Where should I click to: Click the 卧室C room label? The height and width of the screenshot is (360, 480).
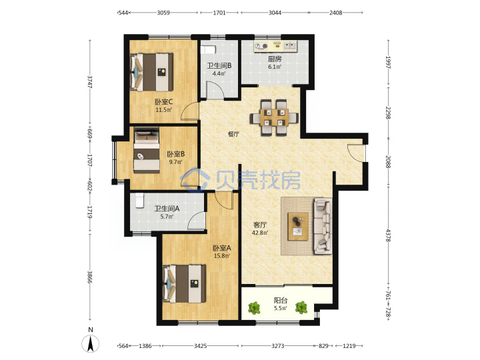click(x=163, y=101)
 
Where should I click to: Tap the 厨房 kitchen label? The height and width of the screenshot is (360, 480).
click(x=275, y=59)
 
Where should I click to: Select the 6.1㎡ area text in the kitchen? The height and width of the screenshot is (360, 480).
click(x=275, y=67)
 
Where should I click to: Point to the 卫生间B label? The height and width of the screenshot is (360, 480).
click(x=219, y=65)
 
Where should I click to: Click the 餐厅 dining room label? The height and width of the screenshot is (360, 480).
click(x=233, y=134)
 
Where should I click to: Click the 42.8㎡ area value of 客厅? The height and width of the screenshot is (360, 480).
click(x=259, y=233)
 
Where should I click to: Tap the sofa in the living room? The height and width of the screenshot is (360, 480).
click(x=323, y=226)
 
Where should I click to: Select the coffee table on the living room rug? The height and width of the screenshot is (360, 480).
click(x=298, y=227)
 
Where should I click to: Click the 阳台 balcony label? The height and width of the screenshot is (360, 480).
click(x=281, y=300)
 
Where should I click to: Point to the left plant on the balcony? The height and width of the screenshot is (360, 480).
click(x=254, y=307)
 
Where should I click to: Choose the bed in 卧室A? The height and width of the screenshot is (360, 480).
click(x=184, y=284)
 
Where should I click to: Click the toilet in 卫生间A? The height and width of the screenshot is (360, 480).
click(x=139, y=200)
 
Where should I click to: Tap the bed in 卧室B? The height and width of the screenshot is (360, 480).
click(x=147, y=150)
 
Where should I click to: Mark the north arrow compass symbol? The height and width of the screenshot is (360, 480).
click(x=90, y=343)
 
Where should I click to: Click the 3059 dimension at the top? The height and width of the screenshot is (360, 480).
click(x=163, y=13)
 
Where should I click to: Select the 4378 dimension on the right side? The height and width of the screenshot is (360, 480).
click(x=388, y=235)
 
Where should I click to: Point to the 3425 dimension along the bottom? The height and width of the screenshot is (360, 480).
click(x=200, y=346)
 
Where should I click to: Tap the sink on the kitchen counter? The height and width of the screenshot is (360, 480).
click(x=289, y=46)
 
